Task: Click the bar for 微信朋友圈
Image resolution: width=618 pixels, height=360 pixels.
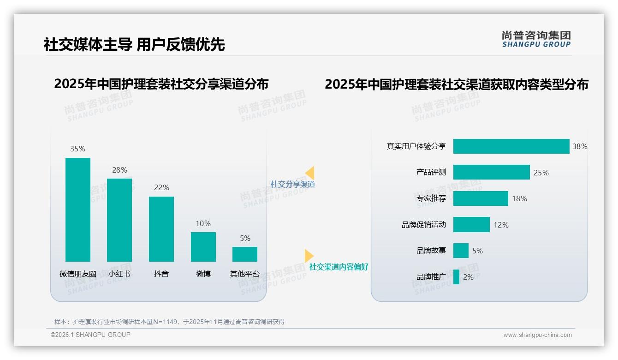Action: pos(77,210)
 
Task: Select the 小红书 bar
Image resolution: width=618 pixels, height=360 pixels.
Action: pos(119,220)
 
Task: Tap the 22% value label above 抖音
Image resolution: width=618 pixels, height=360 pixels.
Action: pos(161,187)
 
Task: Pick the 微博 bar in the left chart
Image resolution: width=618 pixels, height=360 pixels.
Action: pos(203,246)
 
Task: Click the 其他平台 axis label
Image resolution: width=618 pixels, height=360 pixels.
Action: pos(245,274)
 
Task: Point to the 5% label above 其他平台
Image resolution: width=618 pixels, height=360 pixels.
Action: pos(245,238)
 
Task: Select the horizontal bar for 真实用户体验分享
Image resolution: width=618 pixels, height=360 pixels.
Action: pos(511,146)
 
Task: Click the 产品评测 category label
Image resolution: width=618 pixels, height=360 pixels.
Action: pos(431,172)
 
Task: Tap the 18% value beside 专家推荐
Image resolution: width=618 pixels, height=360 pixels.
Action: pos(519,198)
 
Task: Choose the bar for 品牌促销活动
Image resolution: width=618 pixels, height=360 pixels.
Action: pos(471,225)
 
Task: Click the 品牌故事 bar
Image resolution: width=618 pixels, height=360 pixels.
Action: pos(461,251)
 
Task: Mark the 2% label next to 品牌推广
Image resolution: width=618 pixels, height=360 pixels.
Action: pos(468,277)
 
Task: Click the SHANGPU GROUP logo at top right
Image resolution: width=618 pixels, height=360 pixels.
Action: pos(536,39)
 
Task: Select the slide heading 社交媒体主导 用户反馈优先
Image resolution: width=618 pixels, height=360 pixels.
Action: pos(134,44)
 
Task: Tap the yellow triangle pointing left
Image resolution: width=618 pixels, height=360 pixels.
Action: pos(310,173)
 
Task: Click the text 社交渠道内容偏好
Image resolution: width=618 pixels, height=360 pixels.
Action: pos(339,267)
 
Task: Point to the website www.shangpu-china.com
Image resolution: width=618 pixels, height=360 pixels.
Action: pos(537,335)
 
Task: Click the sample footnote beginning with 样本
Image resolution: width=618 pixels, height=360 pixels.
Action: pos(169,322)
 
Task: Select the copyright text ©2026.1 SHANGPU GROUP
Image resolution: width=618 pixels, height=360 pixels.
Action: pos(90,335)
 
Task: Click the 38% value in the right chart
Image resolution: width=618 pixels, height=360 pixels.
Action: pos(580,146)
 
